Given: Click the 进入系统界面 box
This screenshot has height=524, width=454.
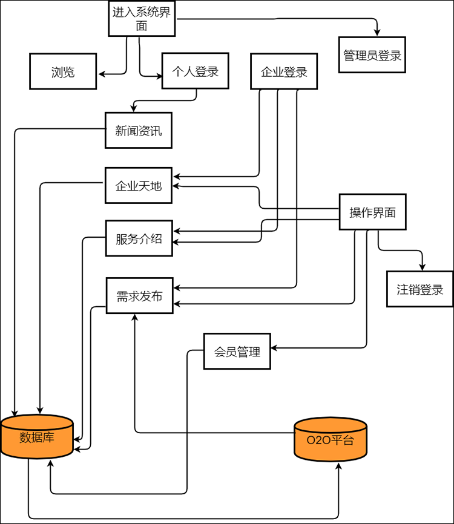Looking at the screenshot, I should (x=142, y=18).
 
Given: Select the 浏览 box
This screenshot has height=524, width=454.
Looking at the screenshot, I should (x=63, y=71).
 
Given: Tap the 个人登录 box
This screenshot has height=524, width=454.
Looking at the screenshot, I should (x=195, y=71).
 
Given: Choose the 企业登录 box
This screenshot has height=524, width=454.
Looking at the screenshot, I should (x=284, y=72).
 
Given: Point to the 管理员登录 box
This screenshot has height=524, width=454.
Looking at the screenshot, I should (x=372, y=55).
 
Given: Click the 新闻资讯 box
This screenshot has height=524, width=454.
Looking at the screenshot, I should (x=138, y=130).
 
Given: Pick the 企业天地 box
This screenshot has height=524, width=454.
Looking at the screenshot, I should (x=138, y=186).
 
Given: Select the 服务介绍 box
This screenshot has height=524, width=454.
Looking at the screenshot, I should (x=139, y=238).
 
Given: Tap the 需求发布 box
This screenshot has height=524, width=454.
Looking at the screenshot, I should (x=139, y=296).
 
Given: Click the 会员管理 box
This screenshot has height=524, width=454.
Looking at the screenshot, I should (x=237, y=351).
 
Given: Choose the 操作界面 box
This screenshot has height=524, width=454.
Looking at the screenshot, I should (x=372, y=212).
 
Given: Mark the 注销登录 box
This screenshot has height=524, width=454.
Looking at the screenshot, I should (x=420, y=289).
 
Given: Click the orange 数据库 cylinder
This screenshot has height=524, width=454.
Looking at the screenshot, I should (x=37, y=436).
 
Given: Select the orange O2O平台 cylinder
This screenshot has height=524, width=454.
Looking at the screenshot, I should (x=330, y=440).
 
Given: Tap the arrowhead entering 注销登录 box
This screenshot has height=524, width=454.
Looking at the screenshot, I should (x=422, y=267).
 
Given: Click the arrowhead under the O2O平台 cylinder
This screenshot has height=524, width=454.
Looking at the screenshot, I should (x=337, y=465).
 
